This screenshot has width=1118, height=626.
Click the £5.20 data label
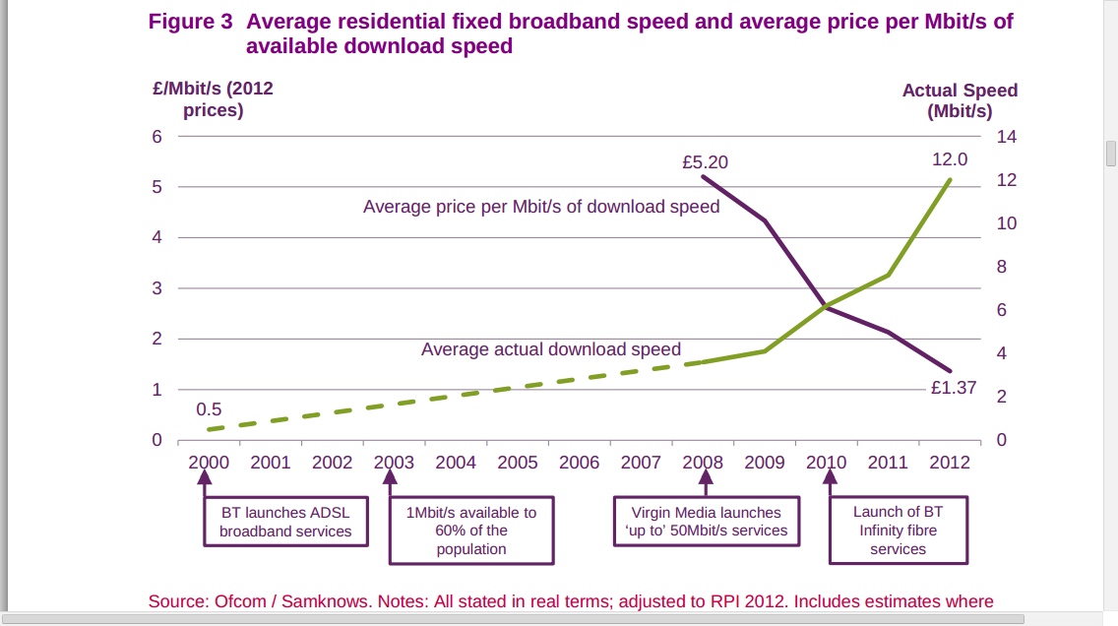point(705,162)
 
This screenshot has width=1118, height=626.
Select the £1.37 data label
point(954,388)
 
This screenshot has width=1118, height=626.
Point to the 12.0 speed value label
point(950,159)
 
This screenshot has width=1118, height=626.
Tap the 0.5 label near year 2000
point(209,409)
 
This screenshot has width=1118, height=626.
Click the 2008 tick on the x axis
point(703,463)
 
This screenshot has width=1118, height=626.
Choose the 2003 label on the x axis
point(394,463)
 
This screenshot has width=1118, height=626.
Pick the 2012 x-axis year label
point(950,463)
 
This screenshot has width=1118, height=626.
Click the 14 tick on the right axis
point(1006,137)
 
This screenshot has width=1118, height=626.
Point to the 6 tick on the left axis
point(156,137)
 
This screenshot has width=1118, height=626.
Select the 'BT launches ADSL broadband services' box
point(285,522)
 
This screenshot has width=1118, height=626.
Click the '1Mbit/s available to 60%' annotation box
point(471,531)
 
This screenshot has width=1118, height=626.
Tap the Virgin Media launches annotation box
point(706,522)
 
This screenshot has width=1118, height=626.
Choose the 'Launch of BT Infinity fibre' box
point(898,531)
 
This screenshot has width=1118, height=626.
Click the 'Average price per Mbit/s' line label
point(541,207)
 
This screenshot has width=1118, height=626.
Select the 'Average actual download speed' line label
point(551,349)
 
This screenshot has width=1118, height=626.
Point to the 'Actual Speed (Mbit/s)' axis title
point(960,100)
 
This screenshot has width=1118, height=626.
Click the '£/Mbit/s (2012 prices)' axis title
point(213,98)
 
